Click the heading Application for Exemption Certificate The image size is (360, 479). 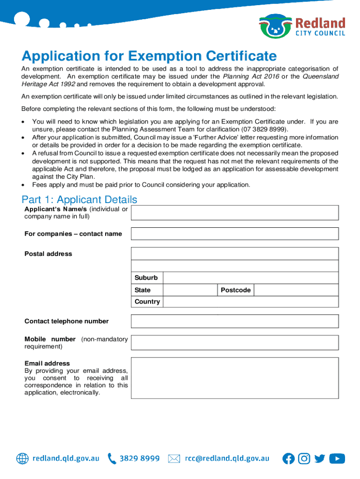[x=149, y=57]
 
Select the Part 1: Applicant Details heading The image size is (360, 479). [x=79, y=200]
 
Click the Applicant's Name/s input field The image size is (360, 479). [x=235, y=213]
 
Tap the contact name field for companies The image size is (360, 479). [x=235, y=234]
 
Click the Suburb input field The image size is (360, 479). [x=250, y=278]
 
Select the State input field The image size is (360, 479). [x=190, y=290]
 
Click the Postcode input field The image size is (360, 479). [x=296, y=290]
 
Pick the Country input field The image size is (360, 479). [x=250, y=302]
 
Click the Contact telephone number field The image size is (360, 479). [x=235, y=321]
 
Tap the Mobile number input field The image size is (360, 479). [x=235, y=342]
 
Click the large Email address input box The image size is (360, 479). [x=235, y=378]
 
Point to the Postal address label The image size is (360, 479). [x=48, y=254]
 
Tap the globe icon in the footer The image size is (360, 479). [x=22, y=459]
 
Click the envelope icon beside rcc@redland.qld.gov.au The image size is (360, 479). [x=174, y=459]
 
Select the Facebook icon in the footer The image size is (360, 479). [x=288, y=459]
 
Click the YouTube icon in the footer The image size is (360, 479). [x=337, y=459]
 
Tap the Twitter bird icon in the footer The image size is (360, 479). [x=320, y=459]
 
